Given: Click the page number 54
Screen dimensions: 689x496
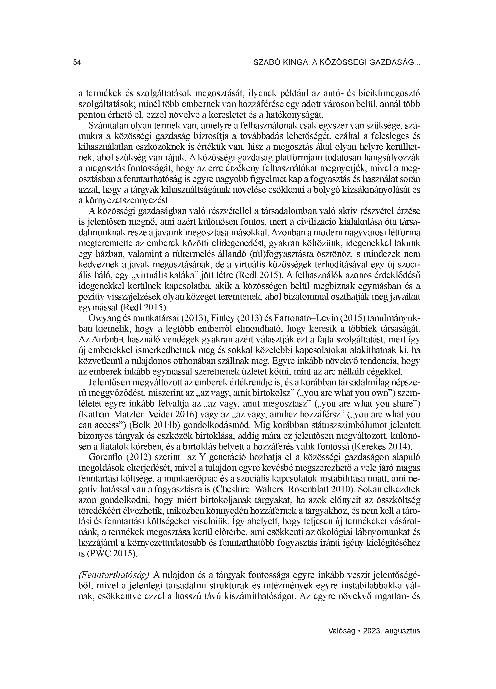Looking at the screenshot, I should [x=77, y=63].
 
